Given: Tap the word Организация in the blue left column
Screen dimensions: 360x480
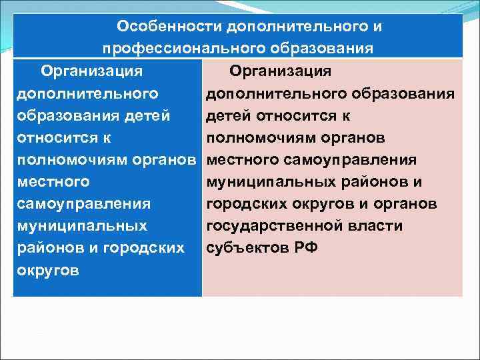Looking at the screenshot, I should tap(93, 71).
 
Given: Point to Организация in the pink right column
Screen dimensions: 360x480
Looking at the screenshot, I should tap(281, 71).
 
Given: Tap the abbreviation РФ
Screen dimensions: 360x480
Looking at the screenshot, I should tap(305, 248).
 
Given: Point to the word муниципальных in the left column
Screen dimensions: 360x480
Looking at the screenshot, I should tap(81, 226).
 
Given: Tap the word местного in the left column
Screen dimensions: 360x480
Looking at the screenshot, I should tap(52, 182).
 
